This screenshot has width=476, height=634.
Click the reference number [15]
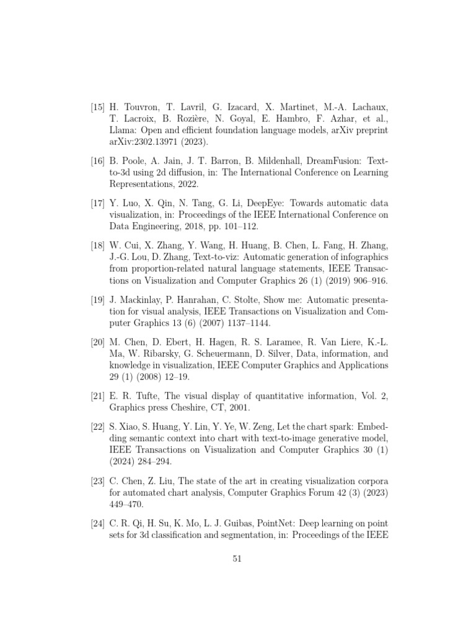point(98,108)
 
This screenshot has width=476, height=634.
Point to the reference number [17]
point(98,204)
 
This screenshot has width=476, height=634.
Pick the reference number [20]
point(98,342)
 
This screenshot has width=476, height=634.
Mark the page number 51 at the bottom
point(237,558)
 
